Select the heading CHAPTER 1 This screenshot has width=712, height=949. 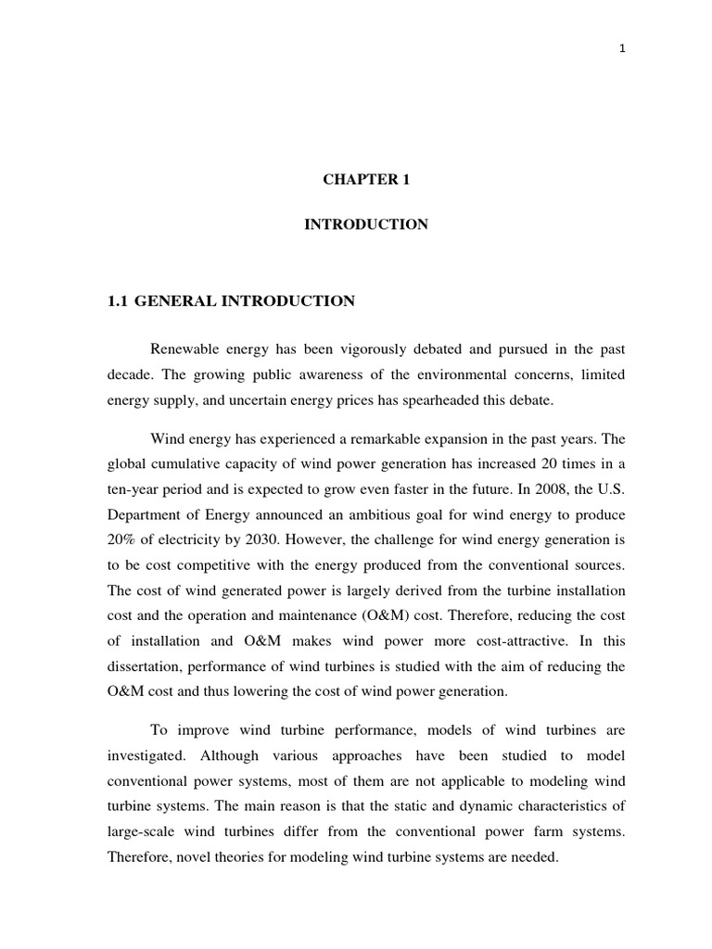tap(366, 181)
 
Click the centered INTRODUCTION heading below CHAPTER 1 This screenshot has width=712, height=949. tap(366, 225)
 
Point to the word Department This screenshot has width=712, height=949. tap(144, 513)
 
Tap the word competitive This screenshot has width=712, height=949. tap(209, 563)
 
